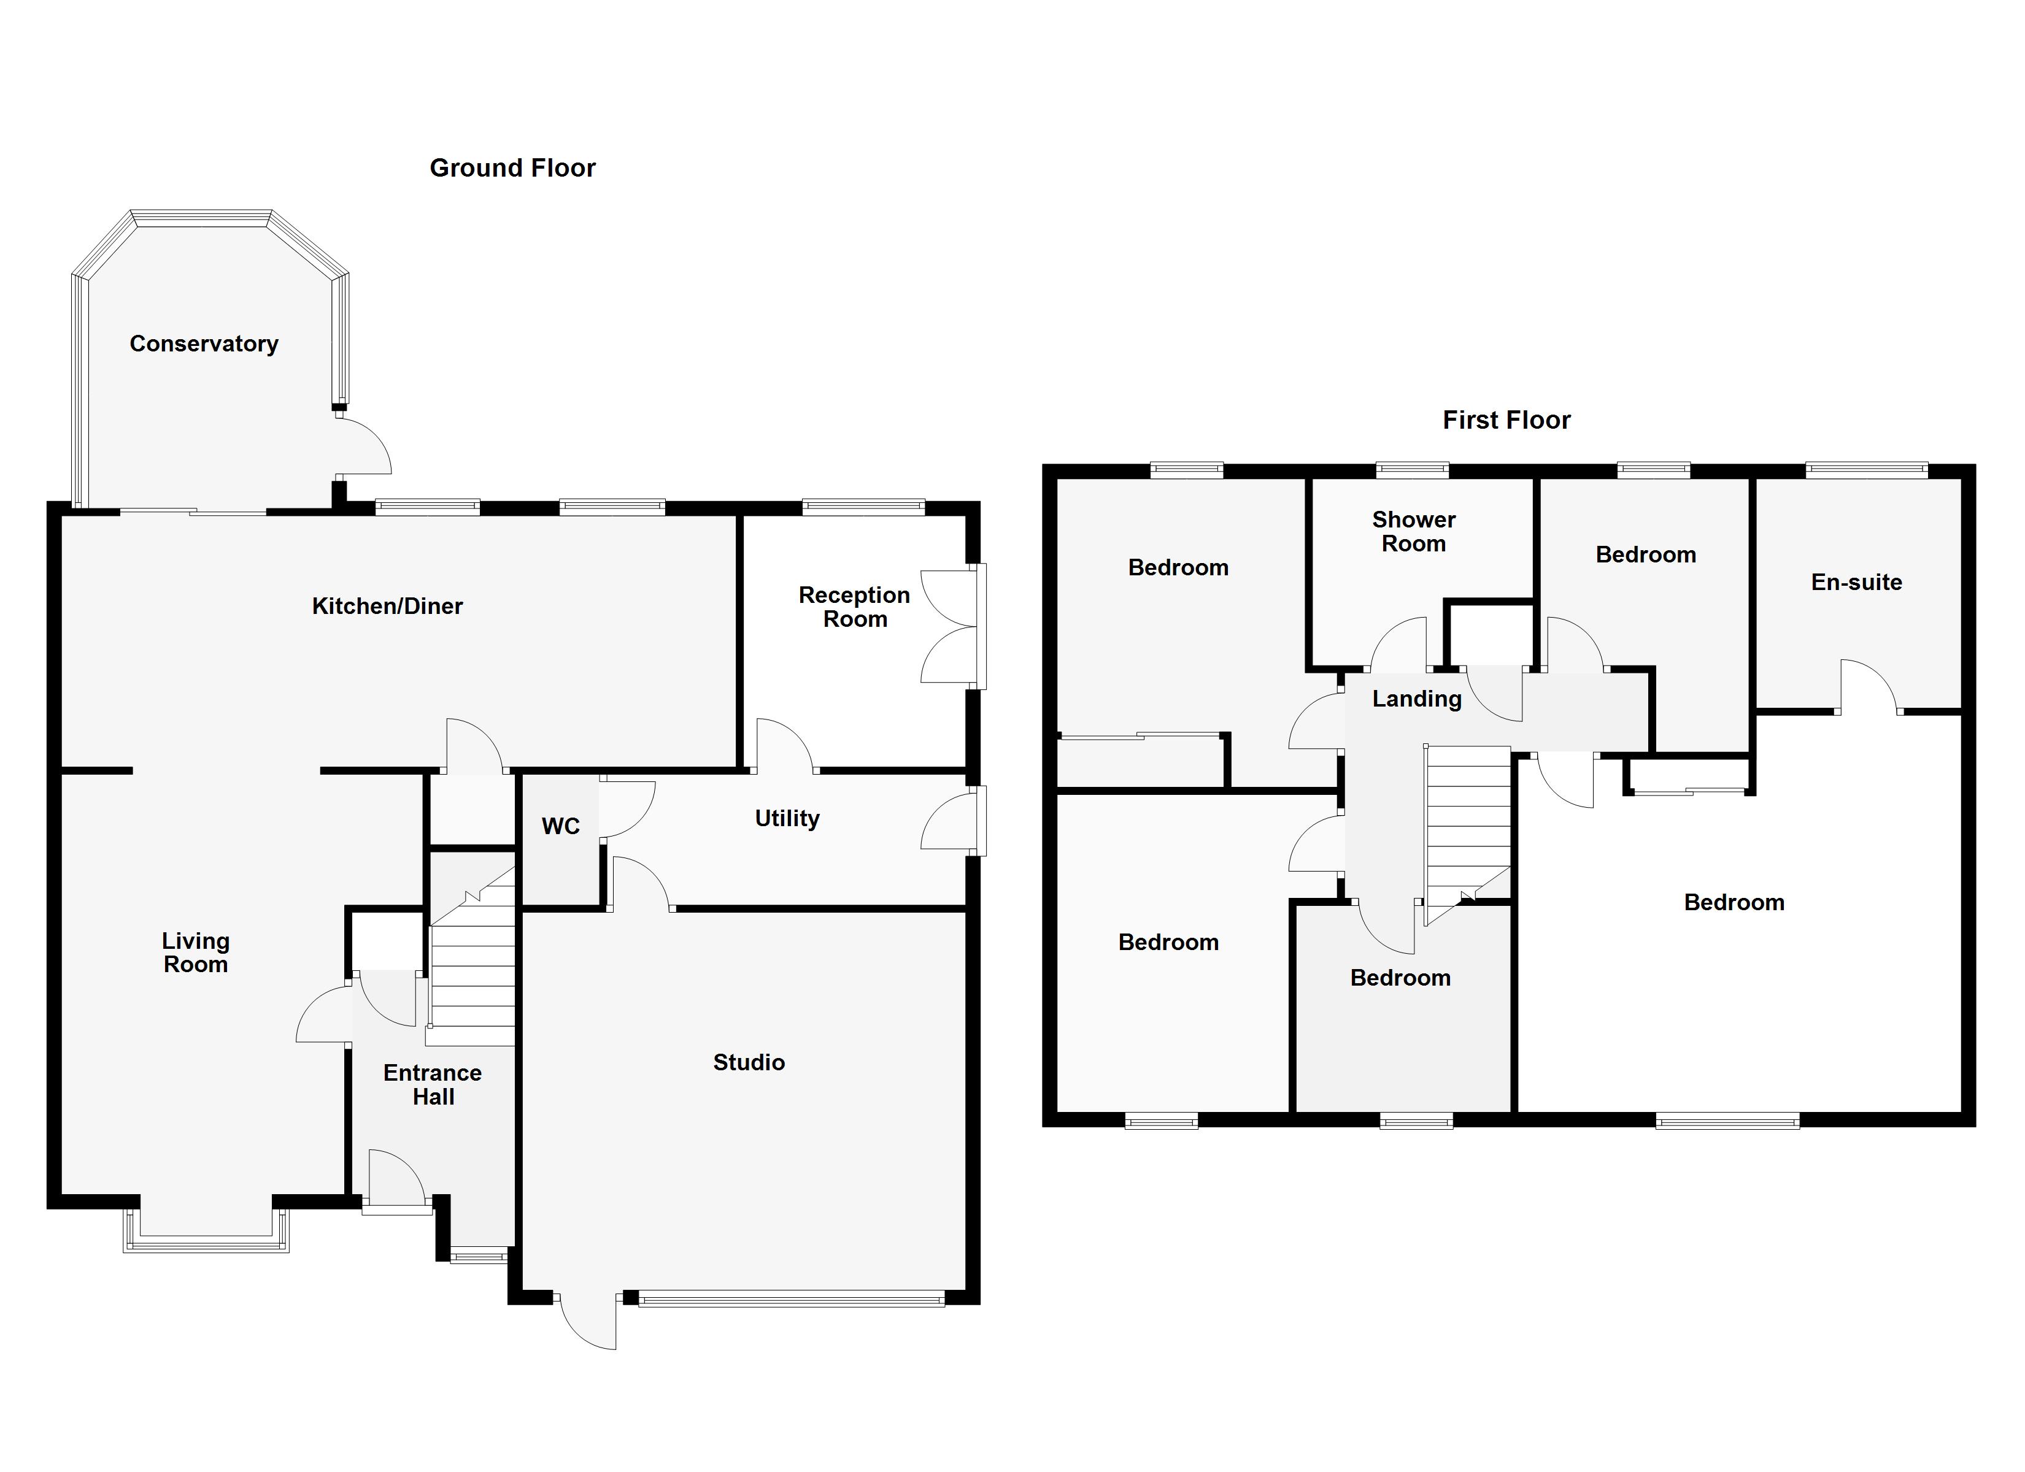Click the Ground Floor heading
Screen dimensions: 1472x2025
tap(512, 168)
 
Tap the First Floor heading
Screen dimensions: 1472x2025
tap(1506, 421)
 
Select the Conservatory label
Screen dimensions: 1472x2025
tap(204, 343)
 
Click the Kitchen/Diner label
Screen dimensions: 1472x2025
tap(387, 606)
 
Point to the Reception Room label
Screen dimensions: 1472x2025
tap(854, 607)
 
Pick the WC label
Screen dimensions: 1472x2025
tap(561, 827)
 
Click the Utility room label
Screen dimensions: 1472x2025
tap(787, 819)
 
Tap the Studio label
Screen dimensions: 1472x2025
tap(748, 1062)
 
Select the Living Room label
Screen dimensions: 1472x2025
tap(196, 953)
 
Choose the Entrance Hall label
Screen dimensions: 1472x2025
tap(433, 1084)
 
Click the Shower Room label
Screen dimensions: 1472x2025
tap(1413, 532)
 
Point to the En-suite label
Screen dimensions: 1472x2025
tap(1856, 583)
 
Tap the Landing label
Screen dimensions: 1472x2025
tap(1416, 699)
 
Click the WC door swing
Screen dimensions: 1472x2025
tap(627, 808)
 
